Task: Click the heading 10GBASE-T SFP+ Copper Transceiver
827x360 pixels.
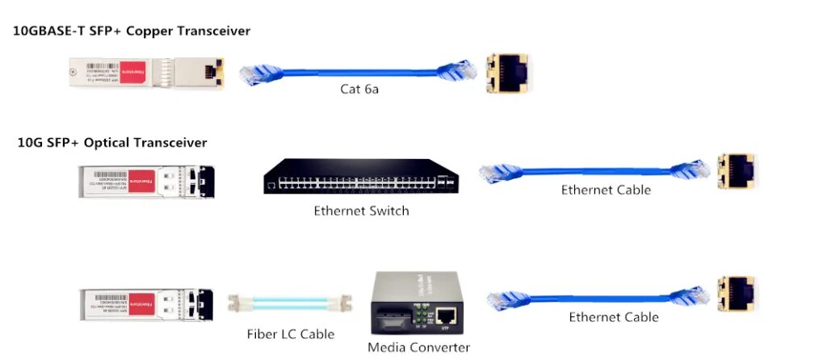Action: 132,31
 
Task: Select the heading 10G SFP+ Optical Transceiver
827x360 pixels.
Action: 112,143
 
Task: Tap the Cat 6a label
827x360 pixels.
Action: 359,89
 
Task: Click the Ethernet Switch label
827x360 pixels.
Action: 361,211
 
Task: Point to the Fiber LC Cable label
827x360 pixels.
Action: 291,334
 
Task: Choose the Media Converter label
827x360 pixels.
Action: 418,348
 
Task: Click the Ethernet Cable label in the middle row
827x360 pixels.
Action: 606,190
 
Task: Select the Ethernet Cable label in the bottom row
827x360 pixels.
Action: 613,317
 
